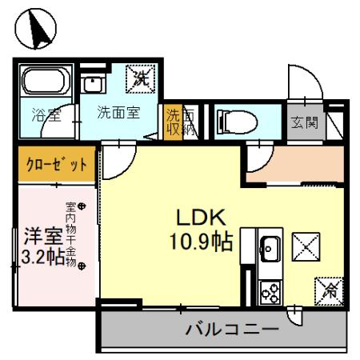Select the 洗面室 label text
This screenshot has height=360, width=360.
(x=118, y=112)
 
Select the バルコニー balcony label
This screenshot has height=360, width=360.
(x=232, y=330)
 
